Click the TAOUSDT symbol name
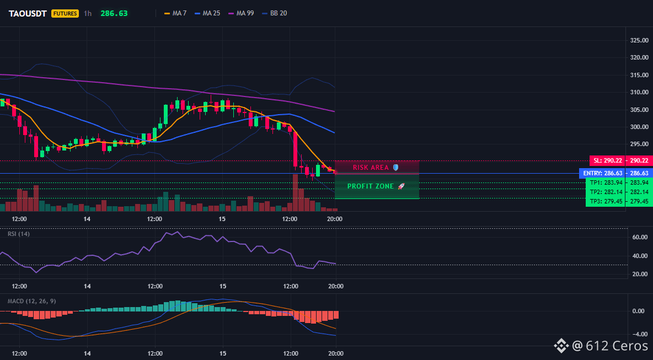click(28, 13)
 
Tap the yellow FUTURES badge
click(65, 13)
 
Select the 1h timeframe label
click(88, 13)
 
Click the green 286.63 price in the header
click(114, 13)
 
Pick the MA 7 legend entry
click(175, 13)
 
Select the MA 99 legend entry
click(241, 13)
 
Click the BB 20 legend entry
click(275, 13)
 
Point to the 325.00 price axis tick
click(639, 40)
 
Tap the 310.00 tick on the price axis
click(639, 92)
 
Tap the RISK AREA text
click(371, 167)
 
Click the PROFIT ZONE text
click(371, 186)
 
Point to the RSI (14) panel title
click(19, 234)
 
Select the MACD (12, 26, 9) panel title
click(31, 301)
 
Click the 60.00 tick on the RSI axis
click(640, 237)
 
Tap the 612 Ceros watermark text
click(617, 346)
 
